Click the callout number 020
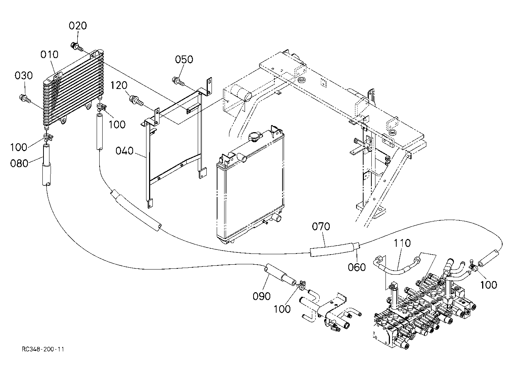click(x=78, y=26)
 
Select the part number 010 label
click(x=49, y=55)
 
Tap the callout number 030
click(x=23, y=76)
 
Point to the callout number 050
click(x=184, y=60)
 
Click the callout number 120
click(x=119, y=85)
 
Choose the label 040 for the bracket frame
click(x=125, y=151)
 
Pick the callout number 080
click(x=19, y=163)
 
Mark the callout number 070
click(x=321, y=227)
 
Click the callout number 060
click(x=357, y=267)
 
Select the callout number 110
click(x=402, y=243)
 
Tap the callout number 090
click(x=262, y=296)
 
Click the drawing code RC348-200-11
click(x=43, y=349)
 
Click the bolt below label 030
click(x=25, y=99)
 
